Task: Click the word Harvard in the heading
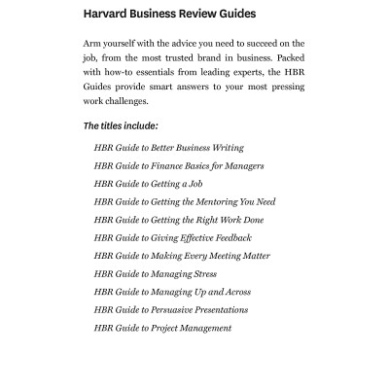point(109,15)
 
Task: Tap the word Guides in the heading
point(232,15)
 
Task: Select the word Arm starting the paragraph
point(93,43)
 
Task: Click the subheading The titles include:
point(121,126)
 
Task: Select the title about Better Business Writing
point(168,148)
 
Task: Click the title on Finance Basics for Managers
point(178,166)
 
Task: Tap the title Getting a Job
point(148,184)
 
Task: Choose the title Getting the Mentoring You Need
point(185,202)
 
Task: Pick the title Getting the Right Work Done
point(178,220)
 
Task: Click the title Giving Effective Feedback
point(172,238)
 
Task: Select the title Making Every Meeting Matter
point(182,256)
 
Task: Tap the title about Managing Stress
point(156,274)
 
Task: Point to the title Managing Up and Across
point(172,292)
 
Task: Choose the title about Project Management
point(162,328)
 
